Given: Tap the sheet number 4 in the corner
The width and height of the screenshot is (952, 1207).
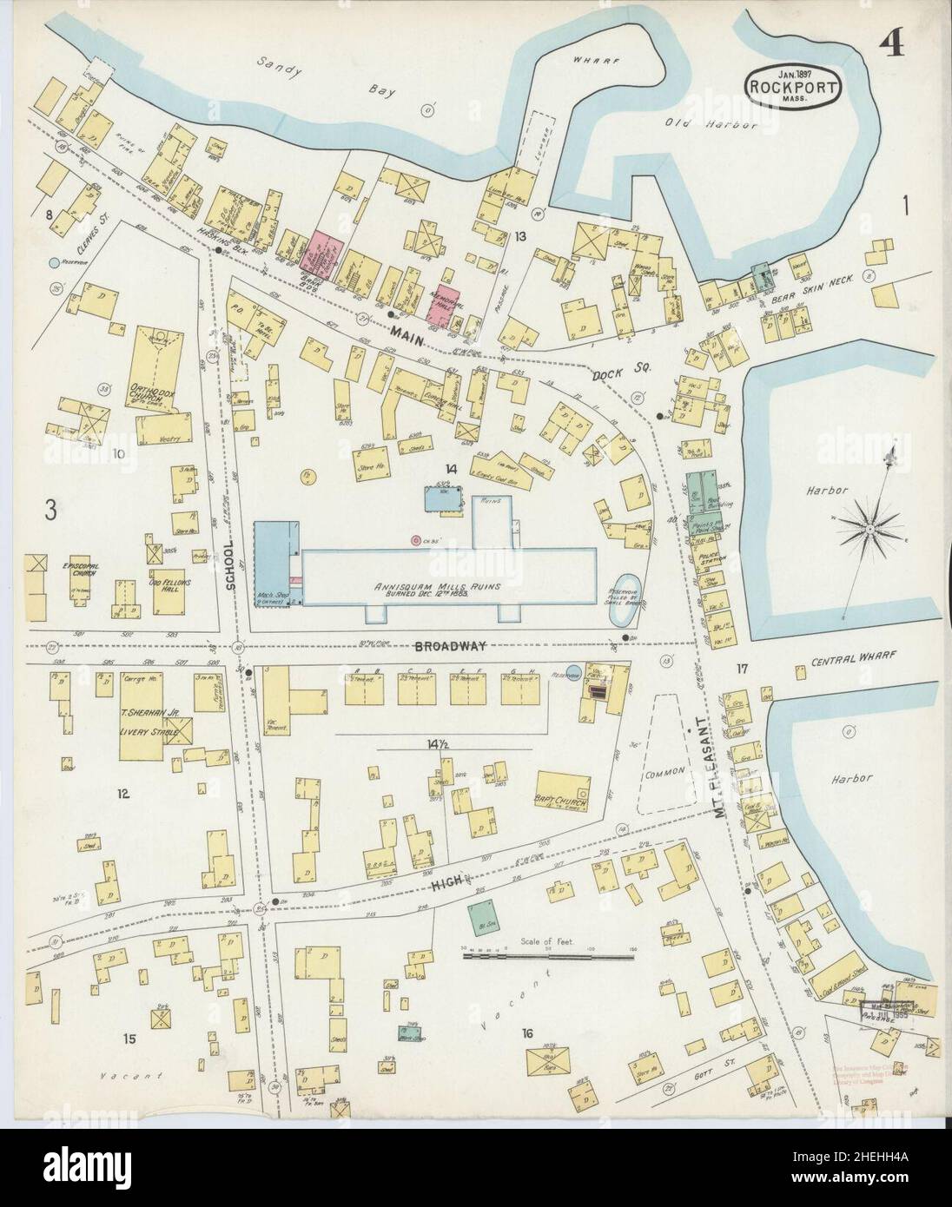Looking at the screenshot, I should tap(887, 38).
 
